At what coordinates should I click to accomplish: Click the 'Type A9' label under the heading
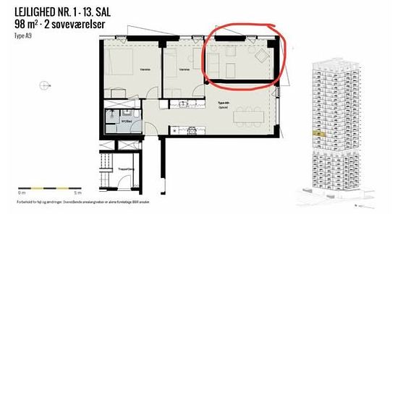tap(22, 34)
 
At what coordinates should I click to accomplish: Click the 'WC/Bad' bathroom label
tap(126, 121)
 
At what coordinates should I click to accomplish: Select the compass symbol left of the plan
tap(46, 85)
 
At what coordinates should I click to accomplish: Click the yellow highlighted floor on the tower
tap(316, 133)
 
